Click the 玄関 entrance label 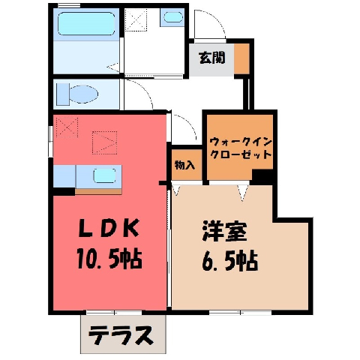point(211,58)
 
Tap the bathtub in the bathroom point(86,23)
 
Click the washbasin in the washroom point(173,17)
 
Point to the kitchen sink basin point(104,175)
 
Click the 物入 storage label point(184,165)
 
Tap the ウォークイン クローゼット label point(241,148)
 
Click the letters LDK point(109,228)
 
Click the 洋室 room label point(225,231)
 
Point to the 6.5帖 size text point(229,261)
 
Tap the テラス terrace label point(121,335)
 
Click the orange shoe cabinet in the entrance point(241,58)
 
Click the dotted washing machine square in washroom point(136,19)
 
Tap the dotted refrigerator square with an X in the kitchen point(67,127)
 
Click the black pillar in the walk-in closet point(262,177)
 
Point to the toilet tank point(62,94)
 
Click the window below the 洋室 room point(240,313)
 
